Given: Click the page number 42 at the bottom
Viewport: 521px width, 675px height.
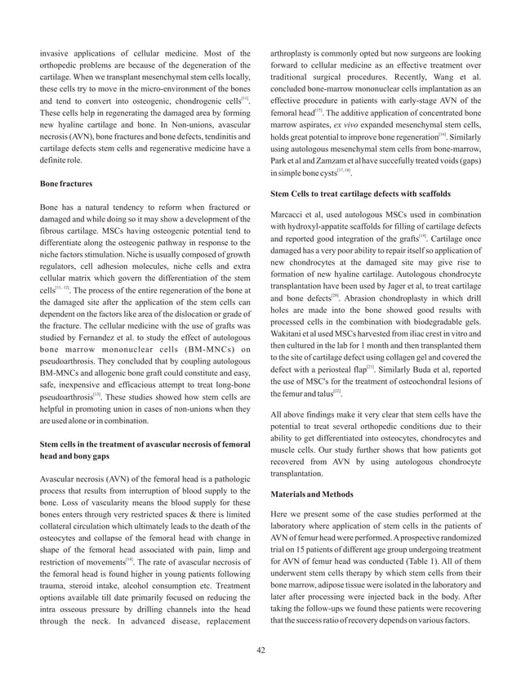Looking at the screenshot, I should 260,650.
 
